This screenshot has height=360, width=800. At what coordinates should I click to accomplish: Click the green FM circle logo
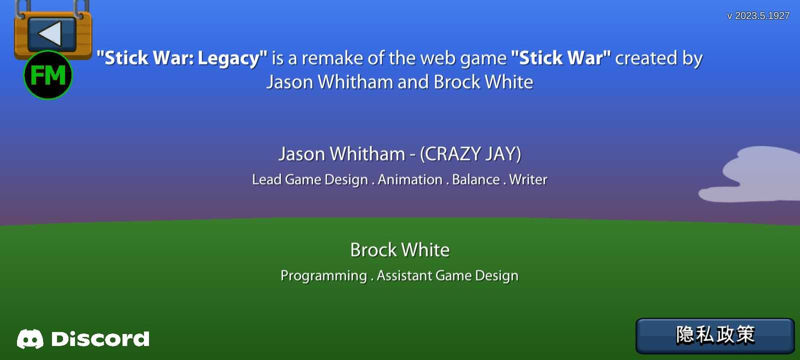(x=48, y=75)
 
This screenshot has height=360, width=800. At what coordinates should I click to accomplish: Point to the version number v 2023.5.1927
(x=758, y=15)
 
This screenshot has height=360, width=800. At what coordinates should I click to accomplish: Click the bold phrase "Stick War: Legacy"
(x=182, y=58)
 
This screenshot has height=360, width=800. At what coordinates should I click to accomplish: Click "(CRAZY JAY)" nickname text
(x=470, y=154)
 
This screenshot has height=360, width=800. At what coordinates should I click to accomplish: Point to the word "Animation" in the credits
(x=410, y=179)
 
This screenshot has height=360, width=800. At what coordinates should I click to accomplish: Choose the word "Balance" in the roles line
(x=475, y=179)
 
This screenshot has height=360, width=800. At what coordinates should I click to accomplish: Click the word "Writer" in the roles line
(x=528, y=179)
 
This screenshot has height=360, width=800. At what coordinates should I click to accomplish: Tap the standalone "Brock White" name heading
(x=400, y=249)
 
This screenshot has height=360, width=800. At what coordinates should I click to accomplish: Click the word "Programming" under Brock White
(x=323, y=275)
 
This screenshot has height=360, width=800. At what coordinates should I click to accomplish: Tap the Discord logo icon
(x=30, y=339)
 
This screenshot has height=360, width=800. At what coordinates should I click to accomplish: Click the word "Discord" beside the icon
(x=100, y=339)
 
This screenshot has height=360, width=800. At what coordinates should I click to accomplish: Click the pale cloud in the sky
(x=753, y=175)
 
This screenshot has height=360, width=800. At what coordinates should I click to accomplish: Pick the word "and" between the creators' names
(x=413, y=82)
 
